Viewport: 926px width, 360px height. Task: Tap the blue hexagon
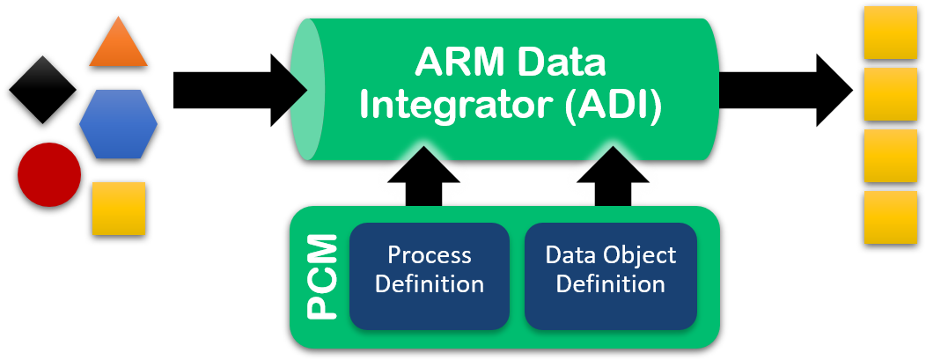point(118,124)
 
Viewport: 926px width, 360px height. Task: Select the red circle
point(49,174)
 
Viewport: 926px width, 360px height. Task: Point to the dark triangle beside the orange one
point(43,74)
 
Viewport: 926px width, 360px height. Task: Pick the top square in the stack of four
point(891,33)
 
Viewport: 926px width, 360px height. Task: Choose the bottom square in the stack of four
point(891,217)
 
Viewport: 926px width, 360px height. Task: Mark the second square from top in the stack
point(891,94)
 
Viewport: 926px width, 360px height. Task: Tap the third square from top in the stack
point(891,156)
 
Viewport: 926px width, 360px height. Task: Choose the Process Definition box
point(430,275)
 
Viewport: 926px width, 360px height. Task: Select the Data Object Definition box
point(611,275)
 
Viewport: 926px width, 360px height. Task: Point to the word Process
point(430,255)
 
